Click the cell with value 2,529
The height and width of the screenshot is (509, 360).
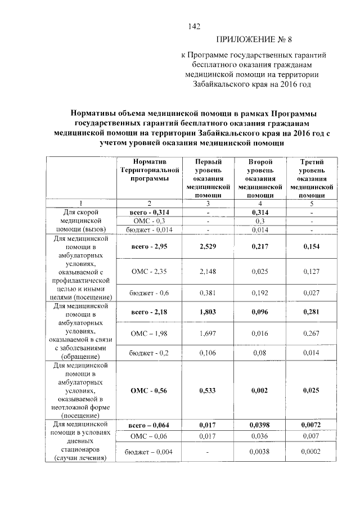tap(208, 247)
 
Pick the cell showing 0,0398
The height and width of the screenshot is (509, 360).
tap(259, 425)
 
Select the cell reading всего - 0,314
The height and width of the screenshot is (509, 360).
tap(149, 212)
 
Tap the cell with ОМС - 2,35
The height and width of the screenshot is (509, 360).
tap(149, 271)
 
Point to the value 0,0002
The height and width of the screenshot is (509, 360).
tap(311, 452)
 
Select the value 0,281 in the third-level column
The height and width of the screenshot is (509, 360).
tap(311, 309)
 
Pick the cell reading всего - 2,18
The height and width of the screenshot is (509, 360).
tap(149, 309)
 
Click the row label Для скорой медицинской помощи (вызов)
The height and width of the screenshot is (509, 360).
tap(80, 220)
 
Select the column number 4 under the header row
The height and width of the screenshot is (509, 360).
tap(259, 203)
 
